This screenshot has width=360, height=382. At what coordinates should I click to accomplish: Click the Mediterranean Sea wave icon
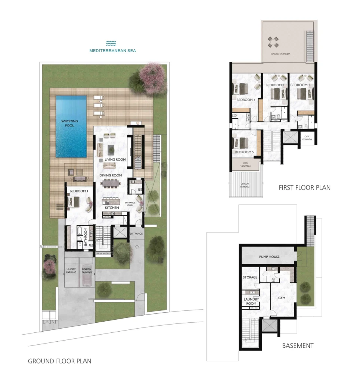tap(111, 43)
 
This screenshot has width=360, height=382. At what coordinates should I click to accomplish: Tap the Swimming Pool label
tap(69, 123)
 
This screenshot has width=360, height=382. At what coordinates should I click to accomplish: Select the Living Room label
tap(115, 159)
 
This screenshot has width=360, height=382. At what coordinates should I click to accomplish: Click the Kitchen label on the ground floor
tap(112, 207)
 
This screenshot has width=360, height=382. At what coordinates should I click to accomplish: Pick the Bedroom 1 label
tap(79, 191)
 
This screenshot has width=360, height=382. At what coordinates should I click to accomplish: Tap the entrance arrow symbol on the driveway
tap(137, 247)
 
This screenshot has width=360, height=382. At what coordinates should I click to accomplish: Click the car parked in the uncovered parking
tap(87, 276)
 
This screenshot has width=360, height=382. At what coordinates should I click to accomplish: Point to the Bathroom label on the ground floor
tap(86, 237)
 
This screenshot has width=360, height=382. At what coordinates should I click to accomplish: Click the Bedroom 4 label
tap(246, 100)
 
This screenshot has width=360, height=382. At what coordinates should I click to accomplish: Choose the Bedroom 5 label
tap(244, 152)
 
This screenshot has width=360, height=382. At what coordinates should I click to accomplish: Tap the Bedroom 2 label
tap(300, 85)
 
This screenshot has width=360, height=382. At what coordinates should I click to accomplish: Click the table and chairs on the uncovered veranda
tap(273, 42)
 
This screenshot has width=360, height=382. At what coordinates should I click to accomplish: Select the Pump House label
tap(269, 257)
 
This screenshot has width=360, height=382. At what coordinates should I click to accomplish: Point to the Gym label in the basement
tap(282, 298)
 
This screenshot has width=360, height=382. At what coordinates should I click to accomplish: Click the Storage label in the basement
tap(250, 277)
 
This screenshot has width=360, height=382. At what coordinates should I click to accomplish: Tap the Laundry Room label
tap(251, 301)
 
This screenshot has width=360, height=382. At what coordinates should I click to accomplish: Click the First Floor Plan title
tap(305, 188)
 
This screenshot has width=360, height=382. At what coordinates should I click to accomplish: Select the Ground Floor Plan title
tap(59, 361)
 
